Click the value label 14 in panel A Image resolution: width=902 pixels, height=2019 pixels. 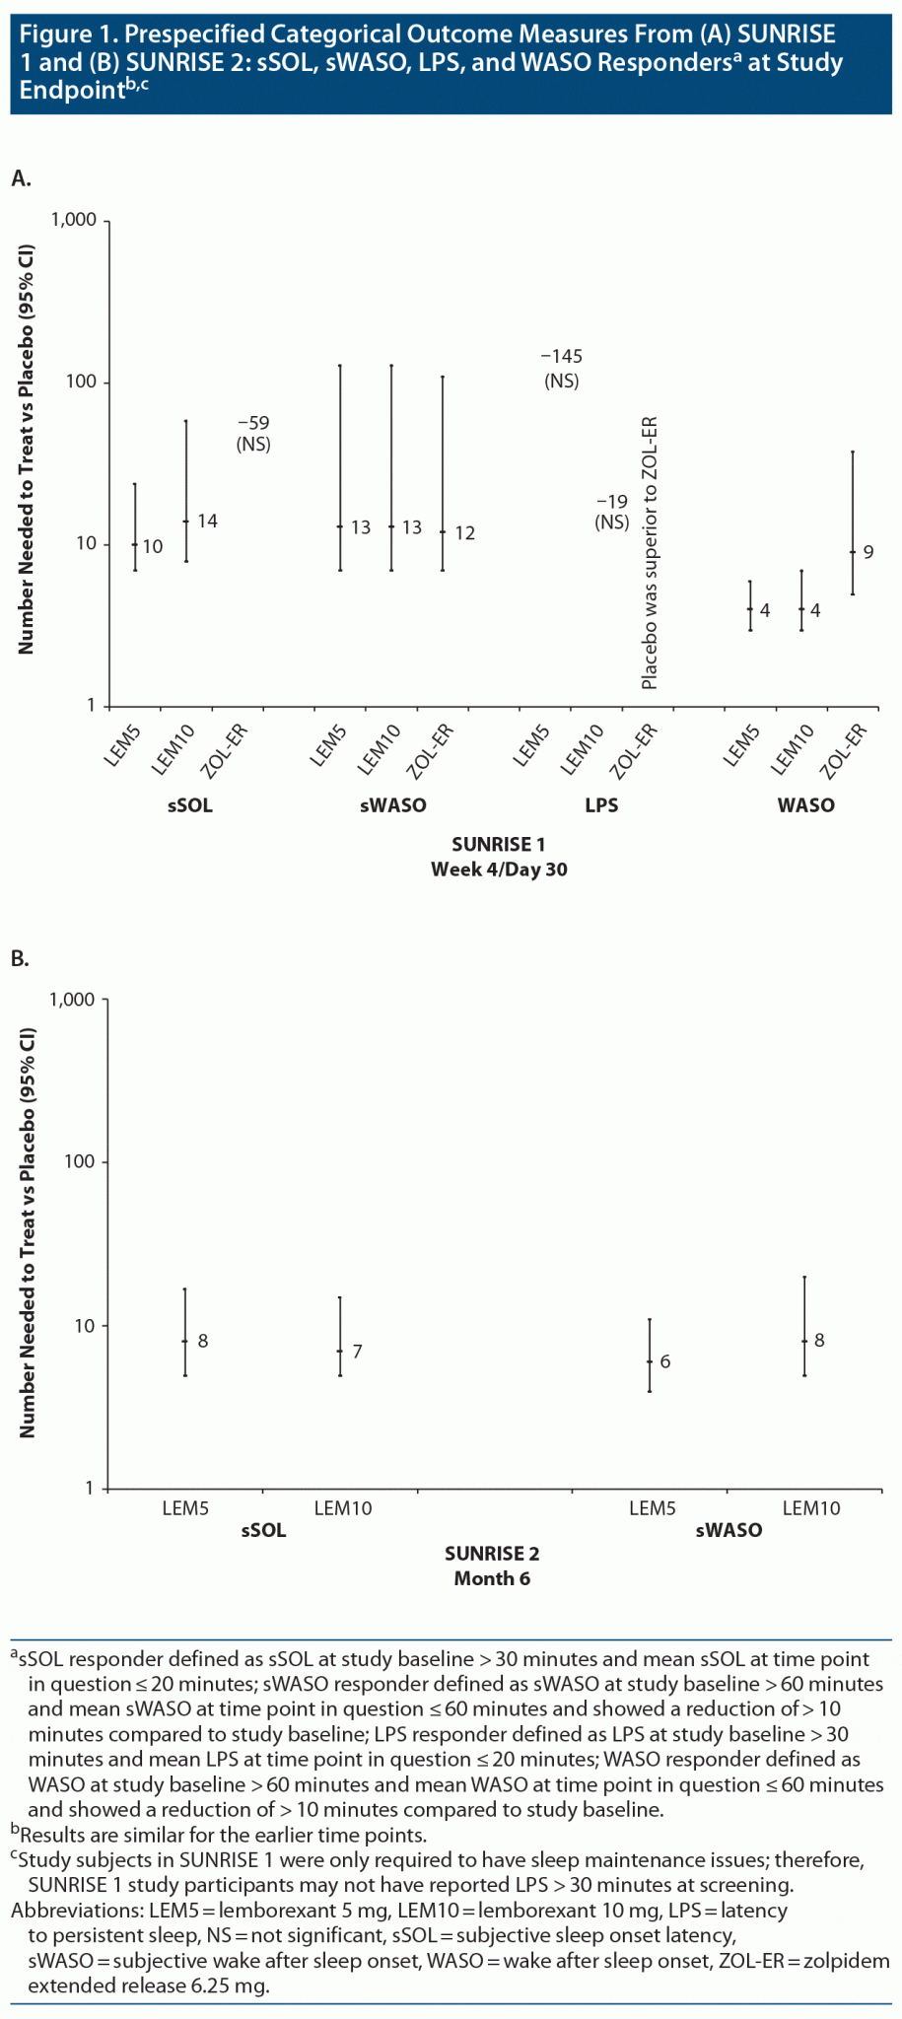(x=207, y=521)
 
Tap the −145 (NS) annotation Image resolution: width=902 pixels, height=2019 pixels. (x=561, y=368)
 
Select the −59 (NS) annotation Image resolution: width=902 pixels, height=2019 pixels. (x=253, y=434)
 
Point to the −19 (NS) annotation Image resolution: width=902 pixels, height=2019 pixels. (x=612, y=512)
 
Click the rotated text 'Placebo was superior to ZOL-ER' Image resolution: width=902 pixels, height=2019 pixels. (x=649, y=552)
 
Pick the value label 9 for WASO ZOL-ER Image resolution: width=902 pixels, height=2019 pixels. (x=868, y=551)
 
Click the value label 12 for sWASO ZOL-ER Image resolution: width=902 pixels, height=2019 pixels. (x=464, y=532)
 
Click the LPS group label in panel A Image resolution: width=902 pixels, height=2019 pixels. (x=601, y=805)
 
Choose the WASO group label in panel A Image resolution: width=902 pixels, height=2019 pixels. (x=805, y=805)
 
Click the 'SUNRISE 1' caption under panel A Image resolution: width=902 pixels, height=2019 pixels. (x=498, y=844)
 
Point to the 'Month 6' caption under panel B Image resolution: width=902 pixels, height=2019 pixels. (x=492, y=1578)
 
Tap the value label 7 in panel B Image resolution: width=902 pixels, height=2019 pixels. (x=357, y=1351)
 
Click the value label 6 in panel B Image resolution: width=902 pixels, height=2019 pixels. (x=665, y=1361)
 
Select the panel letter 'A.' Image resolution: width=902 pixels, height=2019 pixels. (x=21, y=177)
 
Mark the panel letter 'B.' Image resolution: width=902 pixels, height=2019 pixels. (x=21, y=958)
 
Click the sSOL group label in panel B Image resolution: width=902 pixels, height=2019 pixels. (x=264, y=1530)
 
